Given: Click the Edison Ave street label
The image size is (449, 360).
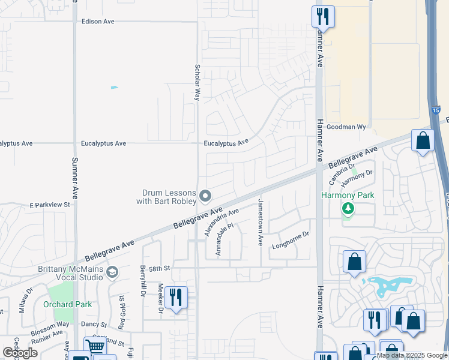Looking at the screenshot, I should click(98, 21).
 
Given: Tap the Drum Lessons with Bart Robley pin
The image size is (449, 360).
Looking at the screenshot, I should click(205, 196).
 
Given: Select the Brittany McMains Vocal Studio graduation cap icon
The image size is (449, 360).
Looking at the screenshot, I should click(112, 274).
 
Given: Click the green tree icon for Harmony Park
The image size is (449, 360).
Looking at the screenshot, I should click(348, 209).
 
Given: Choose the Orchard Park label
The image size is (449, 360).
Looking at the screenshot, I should click(68, 304).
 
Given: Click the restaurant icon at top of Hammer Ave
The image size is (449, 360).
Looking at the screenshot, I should click(323, 16).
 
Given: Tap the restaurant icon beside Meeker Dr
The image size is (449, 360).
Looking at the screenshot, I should click(176, 297).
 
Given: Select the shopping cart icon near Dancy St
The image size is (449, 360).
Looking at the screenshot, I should click(94, 346).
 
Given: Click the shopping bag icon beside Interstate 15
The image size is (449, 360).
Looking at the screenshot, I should click(423, 141).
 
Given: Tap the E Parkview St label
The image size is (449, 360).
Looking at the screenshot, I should click(50, 205).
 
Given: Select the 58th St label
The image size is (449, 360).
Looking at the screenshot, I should click(160, 268).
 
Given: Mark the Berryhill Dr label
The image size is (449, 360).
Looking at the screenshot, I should click(143, 281).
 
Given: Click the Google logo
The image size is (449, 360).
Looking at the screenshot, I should click(20, 353).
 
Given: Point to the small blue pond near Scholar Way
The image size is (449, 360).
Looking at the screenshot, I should click(115, 88).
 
